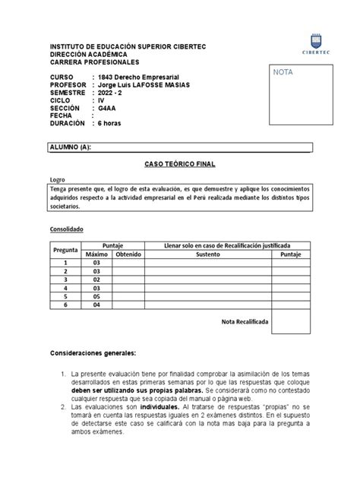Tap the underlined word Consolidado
click(68, 229)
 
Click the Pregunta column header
click(66, 251)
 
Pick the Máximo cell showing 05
click(96, 296)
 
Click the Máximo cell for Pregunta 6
click(96, 305)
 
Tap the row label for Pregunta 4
click(66, 288)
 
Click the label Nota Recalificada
click(245, 322)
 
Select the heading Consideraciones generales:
click(93, 354)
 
